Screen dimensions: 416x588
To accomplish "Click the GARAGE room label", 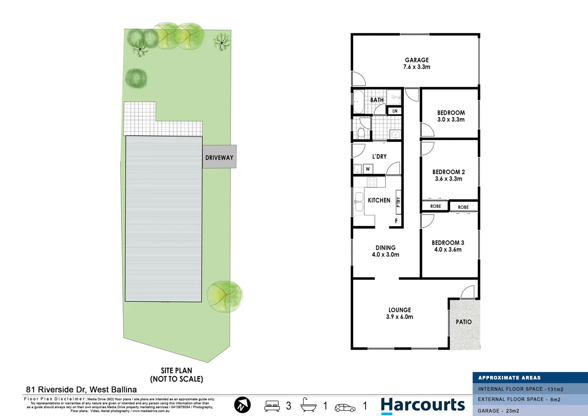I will tap(416, 60).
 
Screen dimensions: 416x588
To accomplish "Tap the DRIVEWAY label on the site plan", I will tap(219, 158).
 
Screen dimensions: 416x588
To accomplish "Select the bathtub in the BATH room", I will tap(358, 102).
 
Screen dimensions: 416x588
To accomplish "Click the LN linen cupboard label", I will tap(395, 111).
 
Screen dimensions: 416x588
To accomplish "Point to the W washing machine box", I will tap(367, 169).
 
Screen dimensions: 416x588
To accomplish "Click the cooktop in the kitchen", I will tap(371, 182).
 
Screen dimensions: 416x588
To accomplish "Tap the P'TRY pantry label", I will tap(398, 202).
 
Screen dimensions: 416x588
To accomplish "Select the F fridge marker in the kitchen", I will tap(396, 221).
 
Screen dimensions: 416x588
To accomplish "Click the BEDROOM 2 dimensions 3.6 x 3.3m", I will tap(448, 179).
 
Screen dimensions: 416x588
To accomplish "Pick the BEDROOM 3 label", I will tap(448, 243).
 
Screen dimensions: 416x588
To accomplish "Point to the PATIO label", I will tap(463, 322).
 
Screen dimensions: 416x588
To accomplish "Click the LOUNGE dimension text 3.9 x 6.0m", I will tap(399, 317).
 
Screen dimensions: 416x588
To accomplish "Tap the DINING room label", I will tap(385, 248).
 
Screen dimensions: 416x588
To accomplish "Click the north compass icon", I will tap(242, 405).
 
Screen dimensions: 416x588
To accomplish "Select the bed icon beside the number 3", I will tap(272, 406).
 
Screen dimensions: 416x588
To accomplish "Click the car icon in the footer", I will tap(345, 407).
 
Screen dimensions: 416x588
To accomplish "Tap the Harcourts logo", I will tap(423, 406).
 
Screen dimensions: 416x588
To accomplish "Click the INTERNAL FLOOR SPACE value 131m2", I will tap(555, 389).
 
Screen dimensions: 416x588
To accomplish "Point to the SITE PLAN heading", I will tap(176, 371).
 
